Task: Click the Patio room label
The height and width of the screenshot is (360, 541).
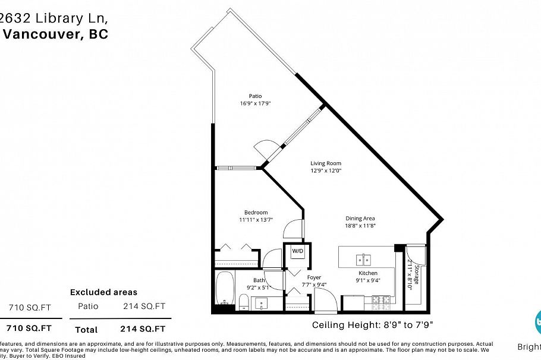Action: tap(255, 96)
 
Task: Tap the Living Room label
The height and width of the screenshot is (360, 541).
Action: tap(326, 163)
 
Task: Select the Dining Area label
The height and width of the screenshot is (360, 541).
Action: tap(360, 218)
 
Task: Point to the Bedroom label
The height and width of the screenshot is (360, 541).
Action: tap(256, 212)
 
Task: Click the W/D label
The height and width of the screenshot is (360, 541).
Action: tap(297, 251)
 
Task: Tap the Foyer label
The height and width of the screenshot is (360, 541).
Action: tap(314, 277)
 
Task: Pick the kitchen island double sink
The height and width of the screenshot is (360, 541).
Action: tap(363, 260)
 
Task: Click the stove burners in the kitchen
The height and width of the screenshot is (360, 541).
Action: tap(381, 304)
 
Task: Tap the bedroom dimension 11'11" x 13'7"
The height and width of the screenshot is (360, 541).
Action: tap(256, 220)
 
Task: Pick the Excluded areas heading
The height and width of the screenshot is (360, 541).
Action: tap(103, 292)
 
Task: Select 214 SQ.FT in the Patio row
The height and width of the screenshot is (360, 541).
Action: tap(143, 306)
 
